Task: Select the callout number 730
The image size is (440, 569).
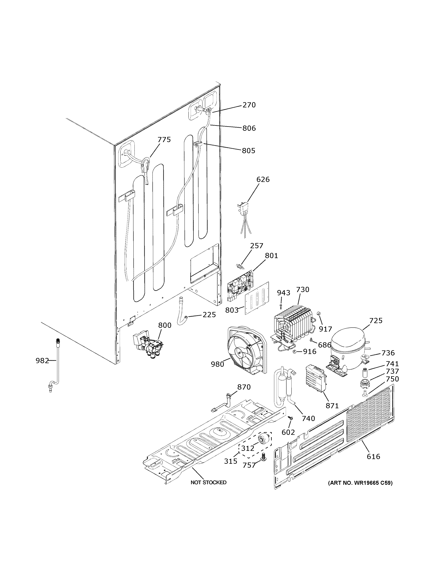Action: point(303,290)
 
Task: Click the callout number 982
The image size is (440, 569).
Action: point(42,361)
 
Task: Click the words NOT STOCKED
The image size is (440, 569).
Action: point(208,482)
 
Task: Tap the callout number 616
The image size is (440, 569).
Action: point(373,456)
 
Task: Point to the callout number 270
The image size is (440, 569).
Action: point(249,105)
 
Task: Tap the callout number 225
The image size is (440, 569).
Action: point(209,315)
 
